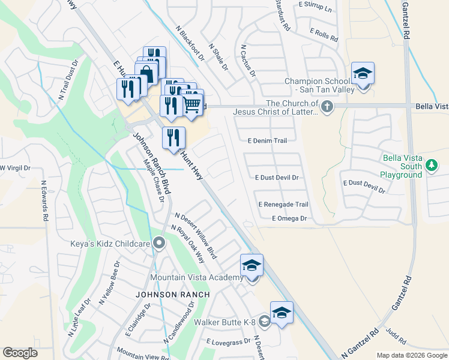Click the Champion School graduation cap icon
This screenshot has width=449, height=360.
click(x=363, y=74)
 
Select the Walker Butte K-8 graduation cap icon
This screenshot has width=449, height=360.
click(x=282, y=313)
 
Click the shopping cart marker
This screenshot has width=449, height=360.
click(x=191, y=103)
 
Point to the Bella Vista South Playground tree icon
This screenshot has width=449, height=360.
click(x=430, y=164)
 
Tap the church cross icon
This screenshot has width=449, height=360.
click(x=327, y=107)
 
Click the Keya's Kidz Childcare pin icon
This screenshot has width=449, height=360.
click(x=159, y=243)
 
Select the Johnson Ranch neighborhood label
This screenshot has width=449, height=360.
click(x=172, y=295)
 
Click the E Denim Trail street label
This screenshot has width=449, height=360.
click(x=268, y=140)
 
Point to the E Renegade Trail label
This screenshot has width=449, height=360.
click(x=283, y=205)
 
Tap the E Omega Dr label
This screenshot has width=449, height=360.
click(x=289, y=219)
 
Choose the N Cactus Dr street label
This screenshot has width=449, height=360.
click(x=248, y=61)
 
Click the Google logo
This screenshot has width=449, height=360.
click(x=20, y=353)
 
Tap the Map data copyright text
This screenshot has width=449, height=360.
click(x=411, y=355)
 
